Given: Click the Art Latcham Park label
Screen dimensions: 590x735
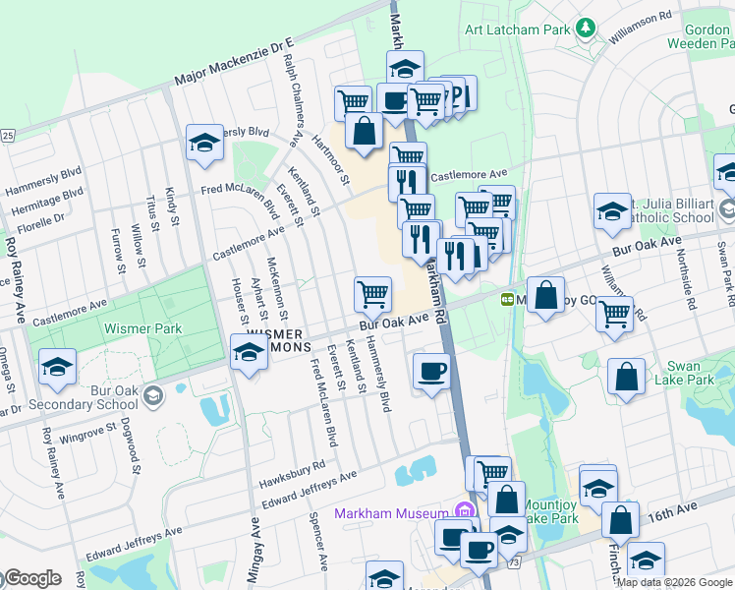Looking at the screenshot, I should [x=517, y=30].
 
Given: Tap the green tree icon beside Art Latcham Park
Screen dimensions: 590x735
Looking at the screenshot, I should [x=586, y=29].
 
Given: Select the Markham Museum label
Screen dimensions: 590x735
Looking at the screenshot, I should [x=391, y=513].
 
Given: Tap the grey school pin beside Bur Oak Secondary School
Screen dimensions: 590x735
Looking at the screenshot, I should [x=151, y=395].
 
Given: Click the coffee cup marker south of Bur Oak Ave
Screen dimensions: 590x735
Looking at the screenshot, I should [x=430, y=372].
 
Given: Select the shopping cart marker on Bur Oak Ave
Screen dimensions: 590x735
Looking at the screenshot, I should [x=372, y=293].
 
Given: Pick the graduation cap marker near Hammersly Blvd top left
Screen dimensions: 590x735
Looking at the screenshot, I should [x=204, y=143].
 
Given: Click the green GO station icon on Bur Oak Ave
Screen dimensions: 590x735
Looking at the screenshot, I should [x=508, y=299].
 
